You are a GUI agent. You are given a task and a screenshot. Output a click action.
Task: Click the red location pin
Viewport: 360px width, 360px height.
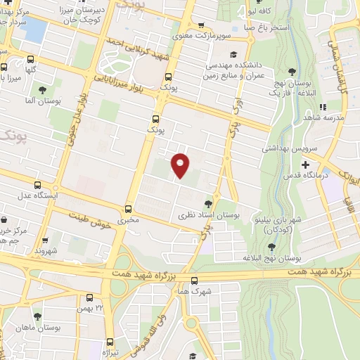click(x=181, y=165)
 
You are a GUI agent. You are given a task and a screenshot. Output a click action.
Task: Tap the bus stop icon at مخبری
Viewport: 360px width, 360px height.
click(x=128, y=209)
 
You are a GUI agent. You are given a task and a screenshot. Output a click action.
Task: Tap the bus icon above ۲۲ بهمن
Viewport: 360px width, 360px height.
click(x=89, y=297)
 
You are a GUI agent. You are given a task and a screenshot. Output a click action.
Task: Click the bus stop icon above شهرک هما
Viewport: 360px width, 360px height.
click(x=194, y=280)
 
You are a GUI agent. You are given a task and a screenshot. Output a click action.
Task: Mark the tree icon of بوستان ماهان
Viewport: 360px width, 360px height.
click(x=37, y=316)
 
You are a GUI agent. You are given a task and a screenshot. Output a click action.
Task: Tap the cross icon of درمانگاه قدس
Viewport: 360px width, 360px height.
click(x=304, y=165)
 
